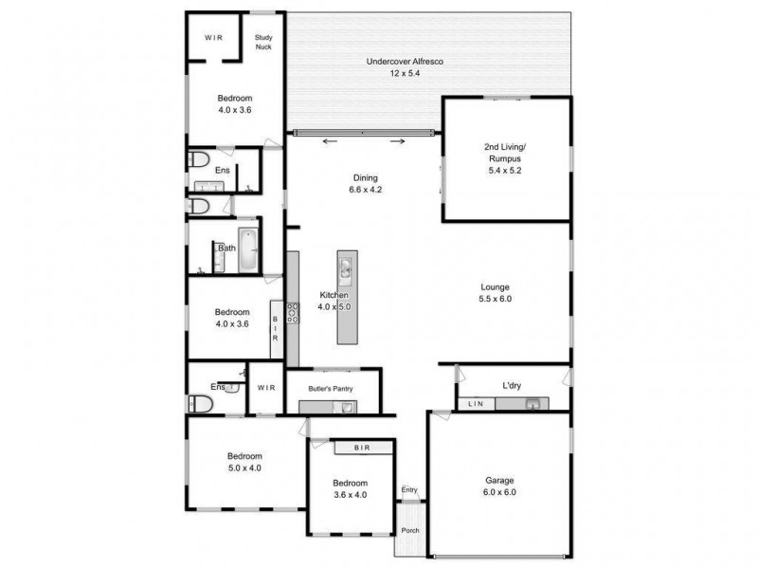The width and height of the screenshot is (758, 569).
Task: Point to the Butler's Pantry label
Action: tap(330, 389)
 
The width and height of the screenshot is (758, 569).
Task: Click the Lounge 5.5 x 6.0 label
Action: tap(496, 292)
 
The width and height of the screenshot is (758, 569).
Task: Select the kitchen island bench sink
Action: tap(347, 270)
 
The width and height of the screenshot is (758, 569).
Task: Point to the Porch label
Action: tap(409, 530)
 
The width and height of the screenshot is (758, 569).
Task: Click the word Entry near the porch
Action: tap(409, 490)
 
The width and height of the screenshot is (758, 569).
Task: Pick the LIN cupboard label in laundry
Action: tap(476, 405)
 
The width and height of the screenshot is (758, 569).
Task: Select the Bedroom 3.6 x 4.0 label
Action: tap(350, 488)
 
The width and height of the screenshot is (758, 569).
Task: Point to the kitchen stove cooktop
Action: tap(293, 312)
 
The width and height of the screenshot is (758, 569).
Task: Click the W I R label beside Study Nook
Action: tap(215, 39)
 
